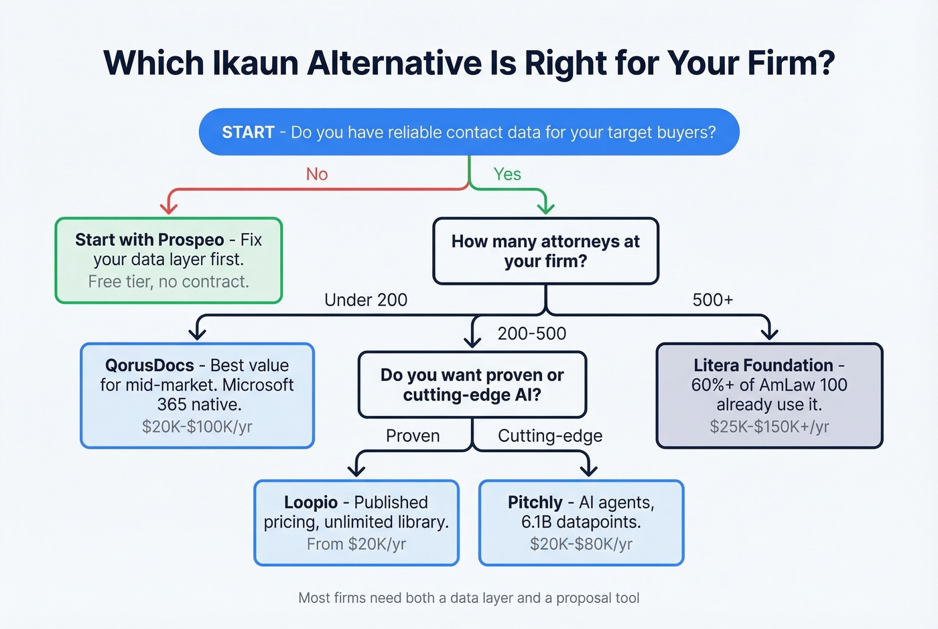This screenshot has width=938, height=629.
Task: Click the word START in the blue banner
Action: point(248,132)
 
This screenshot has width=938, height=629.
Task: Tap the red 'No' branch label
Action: point(317,174)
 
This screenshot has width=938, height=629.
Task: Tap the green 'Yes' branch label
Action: point(507,174)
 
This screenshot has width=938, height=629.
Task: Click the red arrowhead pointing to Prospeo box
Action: point(169,207)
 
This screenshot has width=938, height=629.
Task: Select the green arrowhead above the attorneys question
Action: point(546,207)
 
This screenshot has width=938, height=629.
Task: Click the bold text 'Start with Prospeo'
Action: point(149,240)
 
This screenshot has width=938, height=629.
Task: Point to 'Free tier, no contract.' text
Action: point(168,281)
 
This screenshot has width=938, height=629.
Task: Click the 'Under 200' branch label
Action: point(366,300)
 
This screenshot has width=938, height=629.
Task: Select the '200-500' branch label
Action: point(532,334)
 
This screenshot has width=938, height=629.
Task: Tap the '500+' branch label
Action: point(713,300)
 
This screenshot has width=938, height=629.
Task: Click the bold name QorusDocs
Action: point(149,366)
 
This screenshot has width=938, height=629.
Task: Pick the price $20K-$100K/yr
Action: point(197,427)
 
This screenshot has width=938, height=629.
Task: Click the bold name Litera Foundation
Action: point(763,366)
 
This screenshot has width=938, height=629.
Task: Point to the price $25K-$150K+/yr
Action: point(769,427)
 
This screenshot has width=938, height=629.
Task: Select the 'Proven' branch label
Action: point(413,436)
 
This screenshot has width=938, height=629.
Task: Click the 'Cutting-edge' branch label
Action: point(550,436)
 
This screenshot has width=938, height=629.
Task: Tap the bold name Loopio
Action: point(311,502)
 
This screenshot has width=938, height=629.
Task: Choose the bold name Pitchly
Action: point(535,502)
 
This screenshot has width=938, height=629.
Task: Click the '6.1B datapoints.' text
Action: point(581,522)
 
